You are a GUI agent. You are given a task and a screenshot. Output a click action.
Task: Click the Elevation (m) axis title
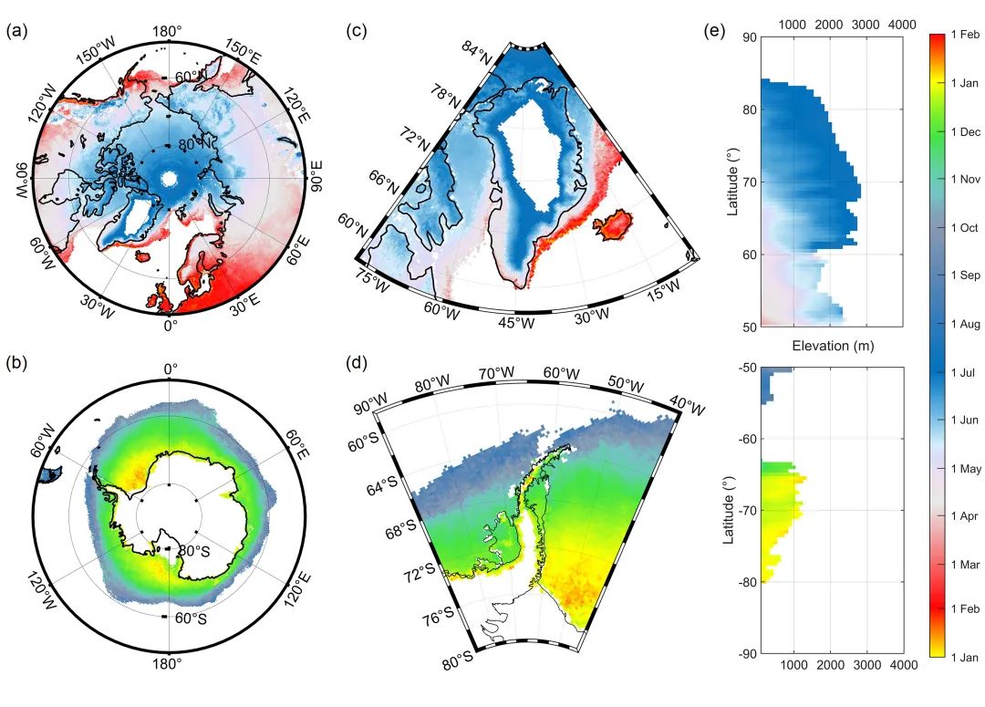click(830, 346)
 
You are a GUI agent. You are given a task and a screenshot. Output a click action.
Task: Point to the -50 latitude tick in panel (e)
click(747, 367)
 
